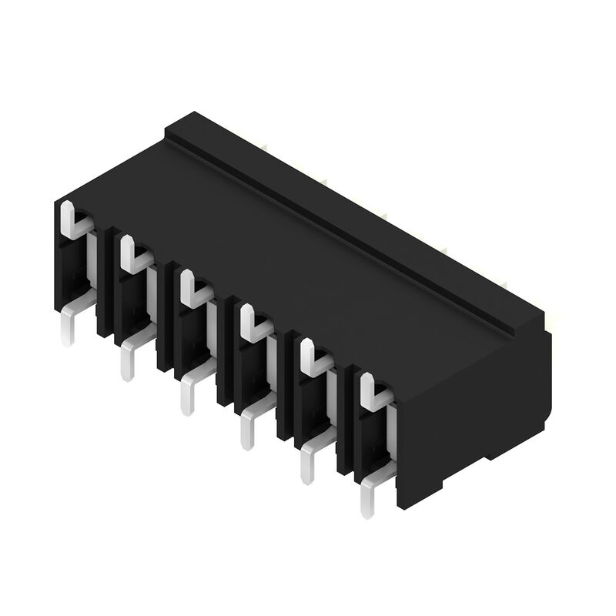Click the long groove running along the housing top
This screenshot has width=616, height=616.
pyautogui.click(x=339, y=231)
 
